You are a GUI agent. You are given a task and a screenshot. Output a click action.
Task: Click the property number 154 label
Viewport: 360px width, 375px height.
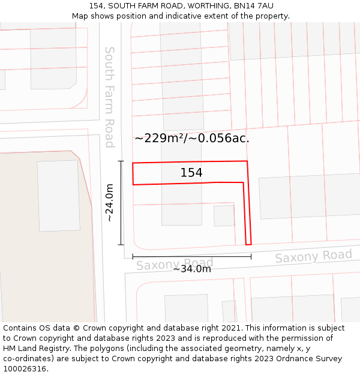(191, 173)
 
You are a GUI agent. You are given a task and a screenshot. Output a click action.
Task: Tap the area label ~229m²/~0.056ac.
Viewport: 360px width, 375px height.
(192, 138)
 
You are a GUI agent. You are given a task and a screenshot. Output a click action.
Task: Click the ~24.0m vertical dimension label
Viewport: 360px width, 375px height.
(110, 203)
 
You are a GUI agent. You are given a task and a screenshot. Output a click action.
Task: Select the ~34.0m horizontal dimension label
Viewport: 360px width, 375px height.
(192, 269)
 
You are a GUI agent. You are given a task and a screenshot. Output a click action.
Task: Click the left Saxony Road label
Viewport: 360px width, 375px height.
(175, 264)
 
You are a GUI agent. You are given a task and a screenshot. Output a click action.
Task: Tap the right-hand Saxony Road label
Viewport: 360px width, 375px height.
(313, 256)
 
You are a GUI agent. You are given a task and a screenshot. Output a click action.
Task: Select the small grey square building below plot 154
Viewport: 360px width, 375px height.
(224, 216)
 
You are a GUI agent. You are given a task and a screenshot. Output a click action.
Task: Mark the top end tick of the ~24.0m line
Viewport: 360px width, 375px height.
(121, 161)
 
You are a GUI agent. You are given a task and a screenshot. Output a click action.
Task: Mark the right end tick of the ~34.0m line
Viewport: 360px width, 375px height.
(251, 257)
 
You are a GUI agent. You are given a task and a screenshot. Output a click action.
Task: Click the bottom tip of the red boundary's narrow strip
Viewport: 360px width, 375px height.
(248, 244)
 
